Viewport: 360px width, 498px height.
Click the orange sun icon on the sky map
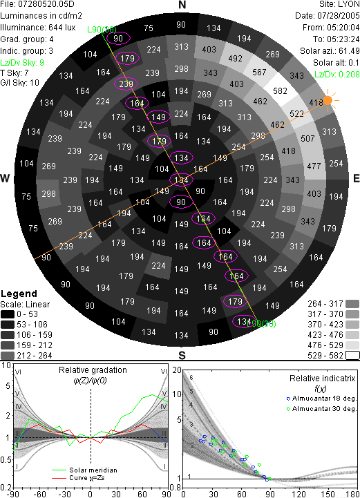(328, 100)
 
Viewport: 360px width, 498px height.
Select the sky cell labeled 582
(280, 91)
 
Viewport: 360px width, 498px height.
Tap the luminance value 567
(259, 73)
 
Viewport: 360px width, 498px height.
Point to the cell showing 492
(235, 59)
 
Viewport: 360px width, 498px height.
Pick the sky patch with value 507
(307, 138)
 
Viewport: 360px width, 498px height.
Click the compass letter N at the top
(182, 5)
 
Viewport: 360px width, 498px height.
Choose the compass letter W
(5, 178)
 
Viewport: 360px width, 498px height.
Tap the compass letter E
(356, 178)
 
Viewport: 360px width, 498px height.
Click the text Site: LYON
(339, 4)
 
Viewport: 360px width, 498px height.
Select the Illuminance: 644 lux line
(38, 28)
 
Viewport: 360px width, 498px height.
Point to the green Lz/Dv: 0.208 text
(337, 75)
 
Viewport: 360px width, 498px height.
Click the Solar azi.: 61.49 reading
(330, 51)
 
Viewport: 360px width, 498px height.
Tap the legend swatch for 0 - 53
(8, 314)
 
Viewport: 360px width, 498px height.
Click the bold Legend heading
(19, 294)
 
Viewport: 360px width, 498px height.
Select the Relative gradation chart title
(93, 370)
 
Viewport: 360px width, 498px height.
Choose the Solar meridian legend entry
(84, 470)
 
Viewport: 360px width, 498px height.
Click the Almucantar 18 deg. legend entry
(321, 399)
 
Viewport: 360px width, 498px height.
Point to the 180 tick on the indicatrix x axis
(353, 494)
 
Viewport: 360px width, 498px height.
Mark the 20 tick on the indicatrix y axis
(177, 370)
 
